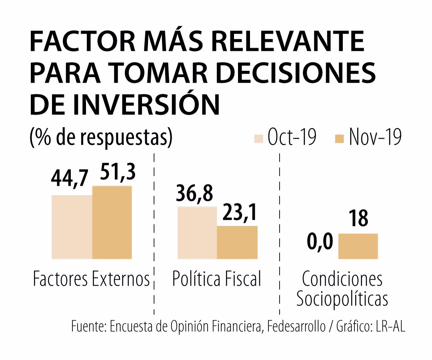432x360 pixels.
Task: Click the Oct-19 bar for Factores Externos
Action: click(x=72, y=227)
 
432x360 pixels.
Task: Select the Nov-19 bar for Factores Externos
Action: click(x=112, y=222)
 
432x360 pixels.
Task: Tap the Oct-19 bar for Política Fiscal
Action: click(x=197, y=232)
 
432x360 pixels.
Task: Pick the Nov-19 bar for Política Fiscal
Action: click(x=237, y=242)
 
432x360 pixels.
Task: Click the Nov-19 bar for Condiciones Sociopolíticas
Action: click(x=358, y=246)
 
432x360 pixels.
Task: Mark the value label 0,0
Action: click(x=320, y=242)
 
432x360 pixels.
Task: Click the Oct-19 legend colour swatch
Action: click(x=259, y=139)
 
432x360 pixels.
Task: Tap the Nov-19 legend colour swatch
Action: click(x=339, y=139)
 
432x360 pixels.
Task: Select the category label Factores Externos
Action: click(x=91, y=279)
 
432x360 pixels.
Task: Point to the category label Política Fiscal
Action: click(x=216, y=279)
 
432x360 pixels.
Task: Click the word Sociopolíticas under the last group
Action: click(x=342, y=299)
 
